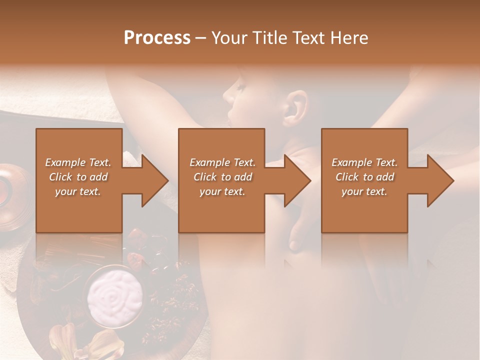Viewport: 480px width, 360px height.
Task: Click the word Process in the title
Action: click(x=157, y=38)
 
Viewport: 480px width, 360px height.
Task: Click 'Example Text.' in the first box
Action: click(x=78, y=162)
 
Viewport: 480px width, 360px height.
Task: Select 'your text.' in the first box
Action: click(x=78, y=191)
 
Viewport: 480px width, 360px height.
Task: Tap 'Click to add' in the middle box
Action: click(x=222, y=177)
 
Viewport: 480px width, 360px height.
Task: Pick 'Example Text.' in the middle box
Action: click(x=222, y=162)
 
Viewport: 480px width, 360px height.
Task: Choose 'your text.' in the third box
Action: click(x=364, y=191)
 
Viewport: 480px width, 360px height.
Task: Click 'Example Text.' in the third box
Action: click(x=364, y=162)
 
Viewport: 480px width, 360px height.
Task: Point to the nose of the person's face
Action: click(x=228, y=93)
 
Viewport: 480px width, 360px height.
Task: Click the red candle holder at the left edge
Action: click(x=9, y=187)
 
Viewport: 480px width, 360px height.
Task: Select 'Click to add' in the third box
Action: click(x=364, y=177)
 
